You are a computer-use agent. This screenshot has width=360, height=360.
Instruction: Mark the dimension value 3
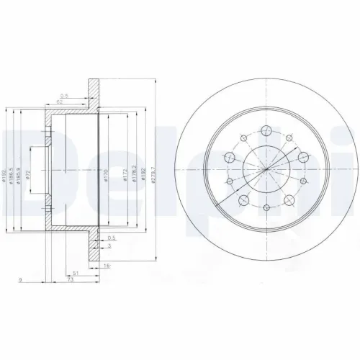[x=109, y=246]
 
